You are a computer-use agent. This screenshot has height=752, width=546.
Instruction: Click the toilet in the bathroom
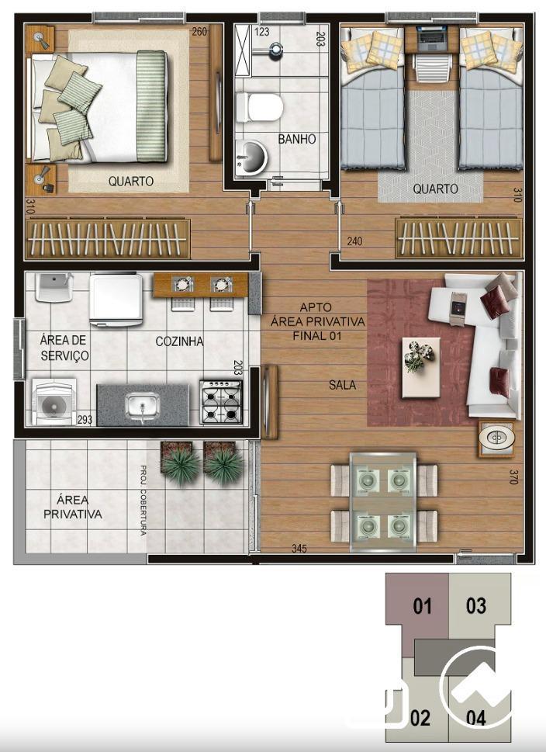point(258,107)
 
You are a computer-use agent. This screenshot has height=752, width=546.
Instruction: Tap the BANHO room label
point(297,139)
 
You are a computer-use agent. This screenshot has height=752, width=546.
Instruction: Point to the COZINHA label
point(179,341)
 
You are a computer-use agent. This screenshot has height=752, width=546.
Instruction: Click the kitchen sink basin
point(143,406)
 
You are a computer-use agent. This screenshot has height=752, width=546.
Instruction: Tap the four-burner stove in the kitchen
point(222,401)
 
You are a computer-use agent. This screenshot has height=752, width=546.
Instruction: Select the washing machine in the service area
point(54,402)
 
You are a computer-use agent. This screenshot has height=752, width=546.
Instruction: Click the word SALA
point(342,384)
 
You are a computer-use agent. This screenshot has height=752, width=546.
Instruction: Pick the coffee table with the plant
point(421,367)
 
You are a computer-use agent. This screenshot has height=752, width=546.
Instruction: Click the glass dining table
point(382,501)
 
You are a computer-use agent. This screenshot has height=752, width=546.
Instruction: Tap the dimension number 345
point(299,549)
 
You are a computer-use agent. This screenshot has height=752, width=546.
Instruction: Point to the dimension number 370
point(513,476)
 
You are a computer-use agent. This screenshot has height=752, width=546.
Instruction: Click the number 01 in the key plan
point(423,606)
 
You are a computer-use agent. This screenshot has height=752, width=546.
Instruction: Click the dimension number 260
point(199,32)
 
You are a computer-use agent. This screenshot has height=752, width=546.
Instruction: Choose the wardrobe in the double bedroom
point(108,238)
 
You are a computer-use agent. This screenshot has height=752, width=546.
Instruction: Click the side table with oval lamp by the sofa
point(496,438)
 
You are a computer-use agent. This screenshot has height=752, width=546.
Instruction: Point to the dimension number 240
point(354,241)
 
